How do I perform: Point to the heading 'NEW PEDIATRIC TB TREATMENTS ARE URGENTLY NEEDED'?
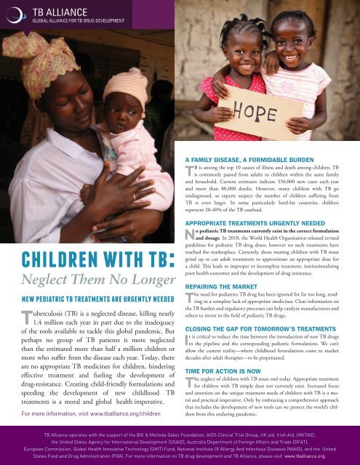[x=97, y=298]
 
